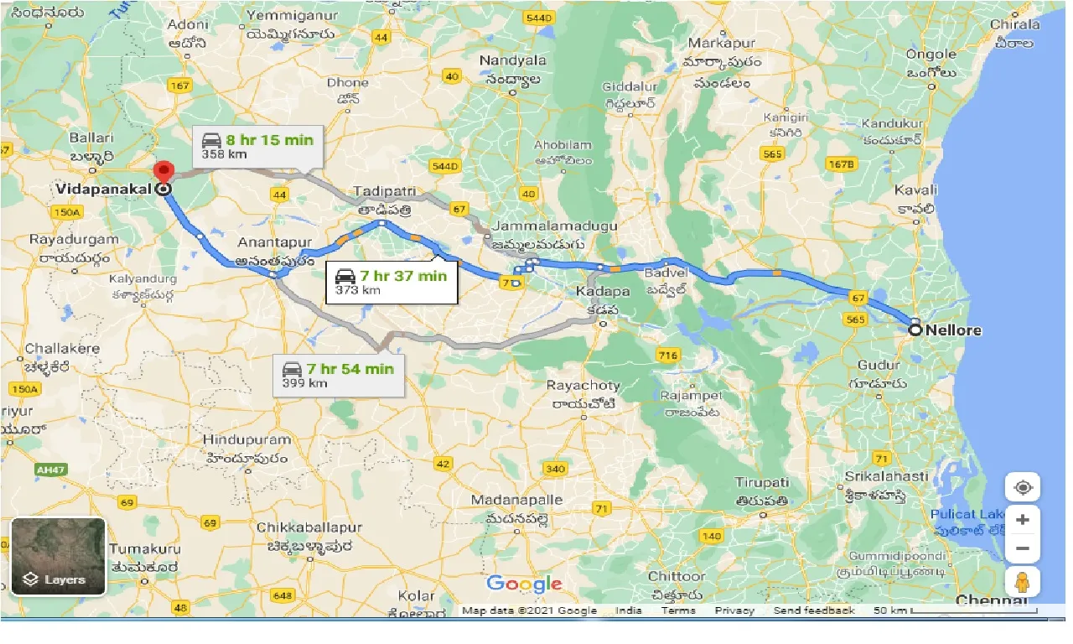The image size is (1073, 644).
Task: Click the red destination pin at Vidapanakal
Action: pos(163,171)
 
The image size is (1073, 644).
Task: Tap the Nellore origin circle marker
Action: pos(915,330)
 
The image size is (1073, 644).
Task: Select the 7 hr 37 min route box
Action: pos(391,282)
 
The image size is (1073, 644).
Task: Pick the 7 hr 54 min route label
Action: pos(338,375)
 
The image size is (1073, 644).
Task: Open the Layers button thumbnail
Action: pos(58,556)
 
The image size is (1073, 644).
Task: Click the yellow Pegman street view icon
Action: pos(1022,582)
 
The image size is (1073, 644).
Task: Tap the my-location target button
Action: pos(1022,488)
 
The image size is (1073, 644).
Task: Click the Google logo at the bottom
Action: pos(524,584)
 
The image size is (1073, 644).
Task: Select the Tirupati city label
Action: pos(762,482)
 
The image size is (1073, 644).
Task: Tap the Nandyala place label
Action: pos(512,60)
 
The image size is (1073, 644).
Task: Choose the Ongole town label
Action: pos(930,55)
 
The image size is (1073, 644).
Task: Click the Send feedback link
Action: pos(814,610)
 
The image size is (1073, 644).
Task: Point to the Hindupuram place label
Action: pos(247,439)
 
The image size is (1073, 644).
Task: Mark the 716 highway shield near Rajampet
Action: pos(667,356)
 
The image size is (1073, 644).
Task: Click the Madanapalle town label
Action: pos(516,500)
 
